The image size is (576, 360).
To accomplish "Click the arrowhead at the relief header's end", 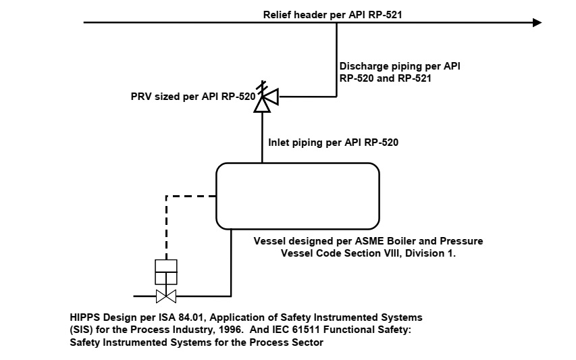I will [537, 22].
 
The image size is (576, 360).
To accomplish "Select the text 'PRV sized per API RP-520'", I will [192, 97].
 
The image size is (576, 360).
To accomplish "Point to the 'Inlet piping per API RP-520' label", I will [334, 143].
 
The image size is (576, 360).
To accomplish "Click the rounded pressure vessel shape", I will [297, 196].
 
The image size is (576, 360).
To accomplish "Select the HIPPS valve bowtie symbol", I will [166, 296].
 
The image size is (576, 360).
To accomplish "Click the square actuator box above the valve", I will [166, 272].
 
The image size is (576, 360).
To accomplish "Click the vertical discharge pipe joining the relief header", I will [336, 57].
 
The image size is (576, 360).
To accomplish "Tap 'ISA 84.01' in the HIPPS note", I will [185, 317].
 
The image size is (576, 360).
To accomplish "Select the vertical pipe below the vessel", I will [231, 263].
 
